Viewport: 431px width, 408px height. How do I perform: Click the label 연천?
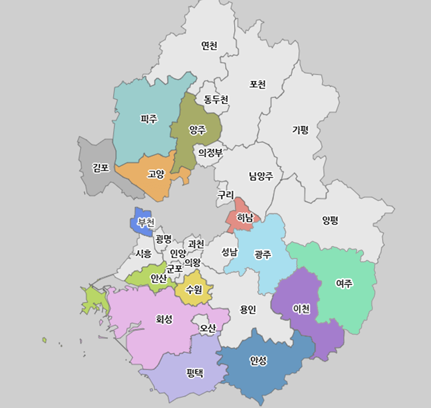(209, 46)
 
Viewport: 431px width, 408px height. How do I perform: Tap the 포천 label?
(258, 85)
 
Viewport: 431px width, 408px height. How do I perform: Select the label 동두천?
(216, 99)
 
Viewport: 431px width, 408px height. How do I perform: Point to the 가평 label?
(300, 130)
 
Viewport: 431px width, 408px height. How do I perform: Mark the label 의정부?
(210, 153)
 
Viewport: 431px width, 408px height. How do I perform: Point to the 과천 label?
(196, 243)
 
